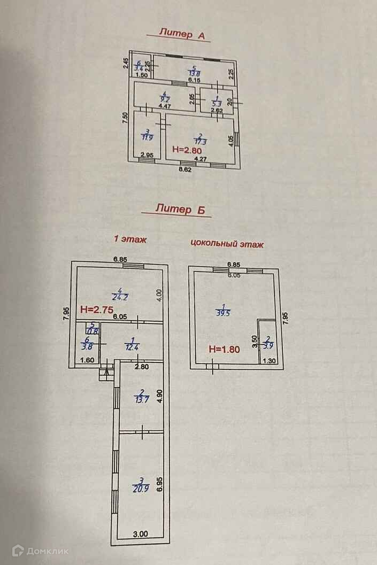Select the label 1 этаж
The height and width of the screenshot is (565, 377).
pyautogui.click(x=129, y=239)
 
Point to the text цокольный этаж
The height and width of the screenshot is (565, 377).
pyautogui.click(x=227, y=244)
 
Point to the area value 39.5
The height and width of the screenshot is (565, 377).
pyautogui.click(x=222, y=313)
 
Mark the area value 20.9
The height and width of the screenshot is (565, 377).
pyautogui.click(x=139, y=489)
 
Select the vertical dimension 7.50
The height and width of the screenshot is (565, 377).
pyautogui.click(x=125, y=118)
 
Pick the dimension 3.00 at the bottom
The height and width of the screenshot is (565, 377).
pyautogui.click(x=140, y=533)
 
